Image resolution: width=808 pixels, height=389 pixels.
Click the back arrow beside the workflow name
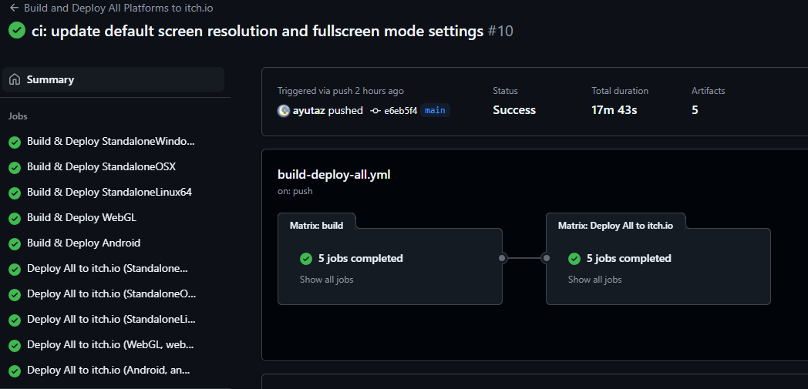coord(14,8)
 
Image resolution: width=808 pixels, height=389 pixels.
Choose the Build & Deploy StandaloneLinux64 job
coord(109,192)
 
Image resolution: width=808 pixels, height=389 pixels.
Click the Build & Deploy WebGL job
coord(82,218)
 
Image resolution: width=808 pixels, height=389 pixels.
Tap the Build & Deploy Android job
coord(83,243)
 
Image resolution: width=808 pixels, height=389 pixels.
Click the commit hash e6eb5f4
coord(400,111)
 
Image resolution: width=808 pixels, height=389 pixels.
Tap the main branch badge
coord(435,110)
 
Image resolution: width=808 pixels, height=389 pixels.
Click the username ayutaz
coord(308,110)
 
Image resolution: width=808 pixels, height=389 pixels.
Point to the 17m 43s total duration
coord(614,110)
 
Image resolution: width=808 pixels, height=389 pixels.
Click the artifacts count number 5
coord(695,110)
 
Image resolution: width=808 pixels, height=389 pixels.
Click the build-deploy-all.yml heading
coord(334,174)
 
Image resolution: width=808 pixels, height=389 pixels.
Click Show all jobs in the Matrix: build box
coord(327,280)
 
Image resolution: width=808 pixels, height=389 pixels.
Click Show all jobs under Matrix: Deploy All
coord(594,280)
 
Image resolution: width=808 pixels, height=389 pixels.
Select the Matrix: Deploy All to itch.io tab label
coord(615,226)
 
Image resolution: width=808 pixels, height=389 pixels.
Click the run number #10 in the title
coord(500,32)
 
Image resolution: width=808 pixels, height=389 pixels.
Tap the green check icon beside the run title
coord(17,30)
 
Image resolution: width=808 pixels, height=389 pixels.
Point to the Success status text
coord(514,110)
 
